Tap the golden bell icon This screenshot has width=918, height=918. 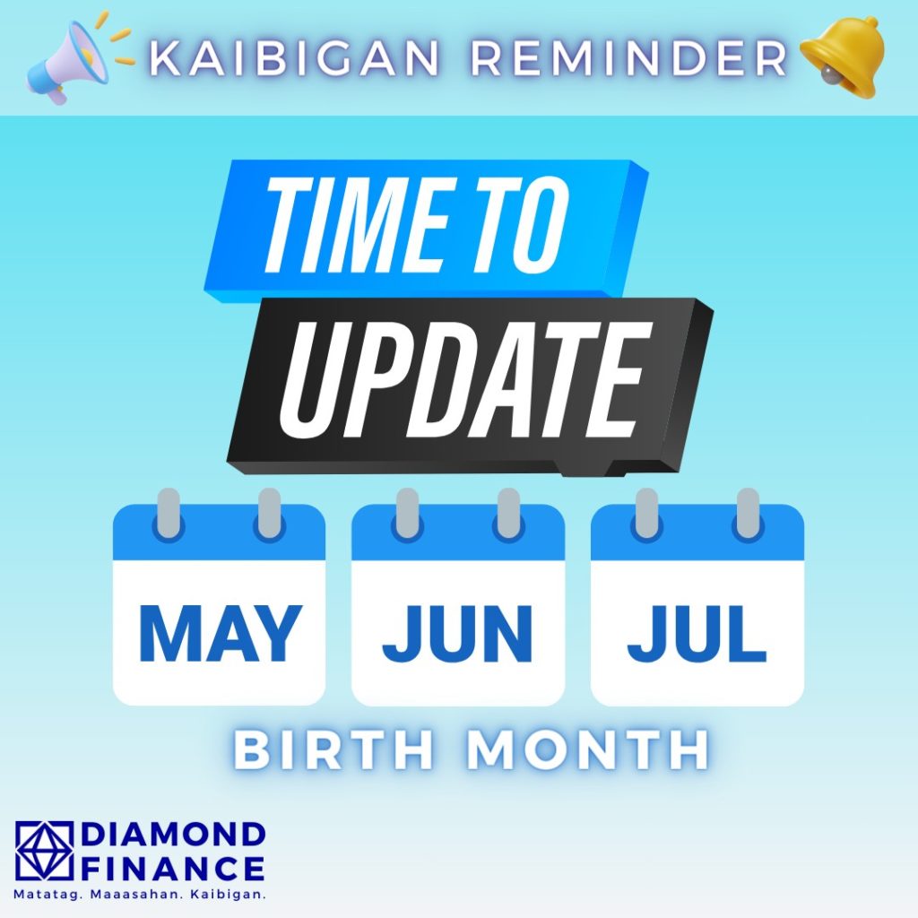pyautogui.click(x=844, y=56)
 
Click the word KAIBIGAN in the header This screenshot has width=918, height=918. pyautogui.click(x=294, y=58)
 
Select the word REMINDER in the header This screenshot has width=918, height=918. pyautogui.click(x=630, y=58)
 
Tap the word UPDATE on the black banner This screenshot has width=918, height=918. pyautogui.click(x=466, y=379)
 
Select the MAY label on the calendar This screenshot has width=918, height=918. pyautogui.click(x=221, y=634)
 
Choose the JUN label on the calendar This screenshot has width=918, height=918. pyautogui.click(x=457, y=634)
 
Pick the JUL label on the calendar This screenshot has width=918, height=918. pyautogui.click(x=697, y=634)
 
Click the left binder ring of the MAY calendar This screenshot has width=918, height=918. pyautogui.click(x=169, y=513)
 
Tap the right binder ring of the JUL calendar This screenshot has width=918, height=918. pyautogui.click(x=748, y=513)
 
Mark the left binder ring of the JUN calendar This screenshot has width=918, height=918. pyautogui.click(x=408, y=513)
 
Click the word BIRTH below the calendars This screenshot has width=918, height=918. pyautogui.click(x=333, y=750)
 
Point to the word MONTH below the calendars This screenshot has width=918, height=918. pyautogui.click(x=587, y=750)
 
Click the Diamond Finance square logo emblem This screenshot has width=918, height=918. pyautogui.click(x=45, y=851)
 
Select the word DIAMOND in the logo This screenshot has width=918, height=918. pyautogui.click(x=173, y=835)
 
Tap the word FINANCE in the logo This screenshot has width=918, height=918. pyautogui.click(x=173, y=869)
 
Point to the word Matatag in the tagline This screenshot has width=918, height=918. pyautogui.click(x=48, y=896)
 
